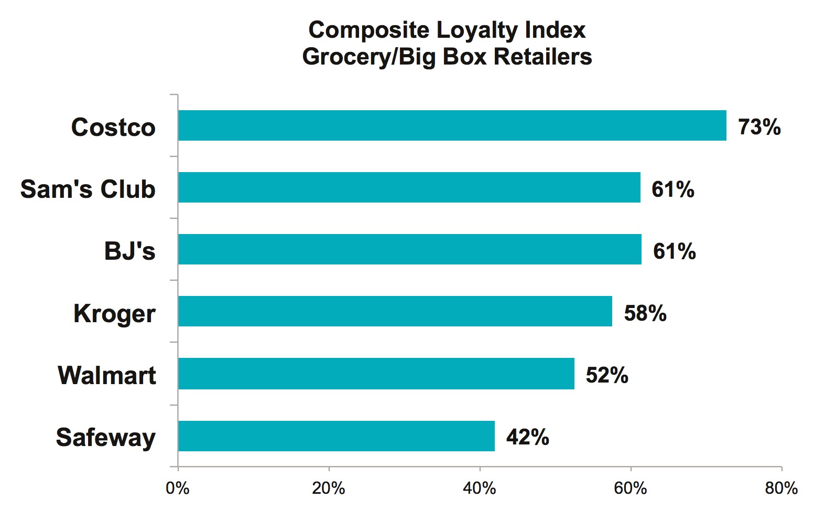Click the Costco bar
click(x=452, y=125)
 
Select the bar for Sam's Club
click(x=409, y=187)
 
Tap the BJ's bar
click(x=409, y=249)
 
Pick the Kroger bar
click(x=395, y=311)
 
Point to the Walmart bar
click(x=376, y=374)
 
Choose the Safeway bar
click(x=336, y=436)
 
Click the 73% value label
click(x=759, y=127)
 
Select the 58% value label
click(x=645, y=313)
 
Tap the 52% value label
click(x=606, y=375)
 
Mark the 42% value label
click(x=527, y=437)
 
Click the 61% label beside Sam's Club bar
click(x=672, y=189)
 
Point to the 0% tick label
click(x=177, y=489)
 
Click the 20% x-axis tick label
click(x=328, y=489)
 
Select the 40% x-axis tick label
click(x=479, y=489)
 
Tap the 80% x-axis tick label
click(x=781, y=489)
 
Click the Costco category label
click(x=113, y=128)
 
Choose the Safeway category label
click(x=105, y=438)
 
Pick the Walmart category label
click(x=107, y=376)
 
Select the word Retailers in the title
click(x=542, y=57)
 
